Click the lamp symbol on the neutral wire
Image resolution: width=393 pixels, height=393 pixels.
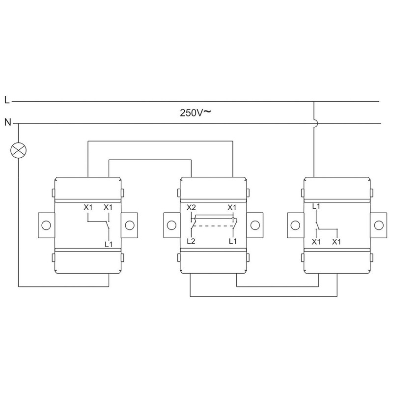pyautogui.click(x=18, y=150)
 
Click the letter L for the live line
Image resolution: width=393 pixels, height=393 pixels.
pyautogui.click(x=7, y=100)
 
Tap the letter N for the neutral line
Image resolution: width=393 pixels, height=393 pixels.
pyautogui.click(x=8, y=122)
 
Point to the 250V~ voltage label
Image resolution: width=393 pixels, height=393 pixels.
pyautogui.click(x=195, y=112)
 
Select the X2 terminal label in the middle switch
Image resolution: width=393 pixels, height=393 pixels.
pyautogui.click(x=191, y=207)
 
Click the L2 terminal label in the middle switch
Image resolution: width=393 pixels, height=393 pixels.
pyautogui.click(x=191, y=241)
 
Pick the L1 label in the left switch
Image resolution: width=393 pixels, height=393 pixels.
pyautogui.click(x=109, y=244)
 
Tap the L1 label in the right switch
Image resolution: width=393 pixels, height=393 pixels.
pyautogui.click(x=316, y=206)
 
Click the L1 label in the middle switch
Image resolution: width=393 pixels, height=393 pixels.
pyautogui.click(x=233, y=241)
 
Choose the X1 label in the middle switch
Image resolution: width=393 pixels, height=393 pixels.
pyautogui.click(x=232, y=207)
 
